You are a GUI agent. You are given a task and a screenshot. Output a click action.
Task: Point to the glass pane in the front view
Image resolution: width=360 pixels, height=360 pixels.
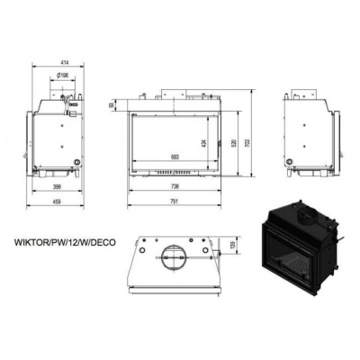pos(176,139)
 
